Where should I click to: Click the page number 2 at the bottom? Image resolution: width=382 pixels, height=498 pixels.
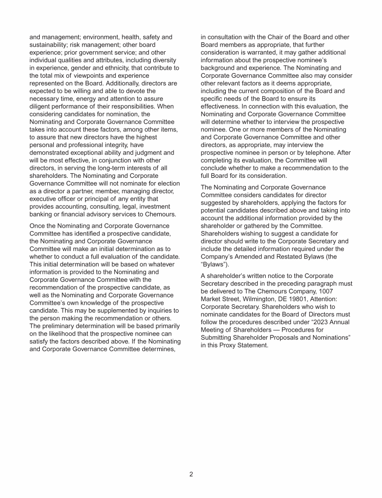(191, 474)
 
